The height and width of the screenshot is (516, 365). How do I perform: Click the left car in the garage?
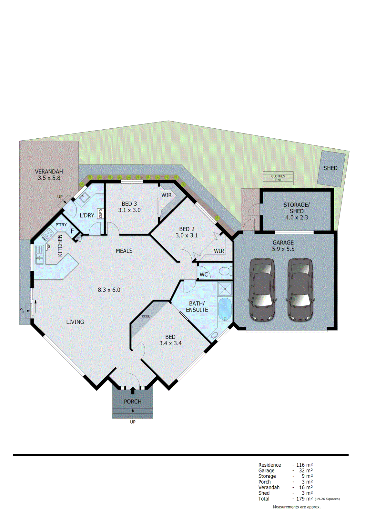(x=262, y=290)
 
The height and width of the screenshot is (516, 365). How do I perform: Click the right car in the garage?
(x=300, y=290)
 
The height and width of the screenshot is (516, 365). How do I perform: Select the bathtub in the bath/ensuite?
(x=225, y=309)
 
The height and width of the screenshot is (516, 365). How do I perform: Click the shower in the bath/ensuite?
(x=225, y=289)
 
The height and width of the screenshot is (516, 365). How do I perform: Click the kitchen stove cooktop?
(x=48, y=234)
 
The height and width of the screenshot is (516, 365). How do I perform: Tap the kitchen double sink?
(x=39, y=254)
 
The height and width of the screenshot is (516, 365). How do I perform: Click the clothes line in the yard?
(x=278, y=178)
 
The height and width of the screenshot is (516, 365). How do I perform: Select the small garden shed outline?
(x=331, y=168)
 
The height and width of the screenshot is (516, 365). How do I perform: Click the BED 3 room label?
(x=129, y=204)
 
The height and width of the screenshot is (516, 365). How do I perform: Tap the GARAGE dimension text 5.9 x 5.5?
(x=283, y=249)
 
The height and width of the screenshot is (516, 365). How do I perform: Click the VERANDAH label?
(x=49, y=172)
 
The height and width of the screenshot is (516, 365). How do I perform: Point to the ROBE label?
(x=146, y=316)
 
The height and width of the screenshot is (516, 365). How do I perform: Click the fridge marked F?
(x=72, y=231)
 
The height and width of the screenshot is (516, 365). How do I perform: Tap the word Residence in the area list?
(x=269, y=465)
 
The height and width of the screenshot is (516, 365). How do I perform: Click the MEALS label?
(x=124, y=251)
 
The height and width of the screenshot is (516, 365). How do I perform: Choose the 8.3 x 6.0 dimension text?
(x=109, y=290)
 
